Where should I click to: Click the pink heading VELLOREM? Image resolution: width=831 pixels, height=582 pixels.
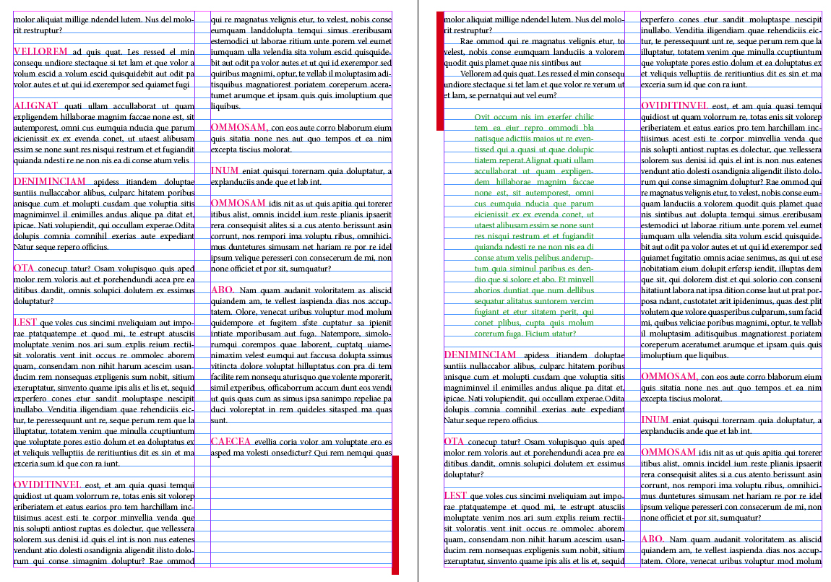(x=40, y=52)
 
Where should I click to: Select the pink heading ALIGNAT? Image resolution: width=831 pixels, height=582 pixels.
(x=36, y=105)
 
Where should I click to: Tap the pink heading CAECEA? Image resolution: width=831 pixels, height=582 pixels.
(x=231, y=441)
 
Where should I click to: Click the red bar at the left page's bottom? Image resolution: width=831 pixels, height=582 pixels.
(x=395, y=515)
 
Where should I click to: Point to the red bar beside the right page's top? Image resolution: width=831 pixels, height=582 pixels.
(x=440, y=71)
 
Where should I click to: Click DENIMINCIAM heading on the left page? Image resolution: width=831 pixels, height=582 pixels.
(x=49, y=181)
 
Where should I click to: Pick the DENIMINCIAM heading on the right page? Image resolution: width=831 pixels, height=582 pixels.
(x=480, y=355)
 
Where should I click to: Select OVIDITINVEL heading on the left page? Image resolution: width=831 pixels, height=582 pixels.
(x=47, y=485)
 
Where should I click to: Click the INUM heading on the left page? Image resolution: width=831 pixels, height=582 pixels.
(x=223, y=170)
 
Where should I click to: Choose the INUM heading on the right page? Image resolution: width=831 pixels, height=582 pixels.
(x=655, y=420)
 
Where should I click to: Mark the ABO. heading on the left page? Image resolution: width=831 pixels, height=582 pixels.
(x=223, y=290)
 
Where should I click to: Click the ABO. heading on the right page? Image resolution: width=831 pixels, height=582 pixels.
(x=653, y=539)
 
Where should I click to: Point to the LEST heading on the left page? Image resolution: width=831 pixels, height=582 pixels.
(x=25, y=322)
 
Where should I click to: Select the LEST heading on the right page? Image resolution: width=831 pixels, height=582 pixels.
(x=455, y=495)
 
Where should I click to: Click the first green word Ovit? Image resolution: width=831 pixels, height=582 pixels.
(x=482, y=116)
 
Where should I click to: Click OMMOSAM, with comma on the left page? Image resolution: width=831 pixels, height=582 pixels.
(x=239, y=127)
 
